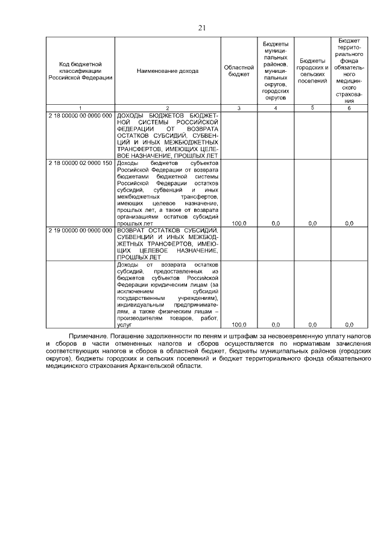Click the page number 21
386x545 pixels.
(x=202, y=26)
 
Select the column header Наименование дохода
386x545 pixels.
(x=167, y=71)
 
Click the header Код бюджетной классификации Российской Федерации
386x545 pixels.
(x=80, y=71)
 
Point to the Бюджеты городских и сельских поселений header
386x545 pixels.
(x=312, y=71)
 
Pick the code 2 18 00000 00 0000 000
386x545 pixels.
(x=81, y=114)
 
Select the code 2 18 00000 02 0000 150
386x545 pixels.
(x=81, y=163)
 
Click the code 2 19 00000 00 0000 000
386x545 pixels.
(x=81, y=231)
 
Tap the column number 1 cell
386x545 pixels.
(x=80, y=108)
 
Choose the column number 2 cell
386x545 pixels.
(x=167, y=108)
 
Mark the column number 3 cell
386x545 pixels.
(x=239, y=108)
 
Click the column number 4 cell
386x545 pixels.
(x=276, y=108)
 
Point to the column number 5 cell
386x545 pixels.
(x=312, y=107)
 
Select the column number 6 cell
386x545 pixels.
(x=349, y=108)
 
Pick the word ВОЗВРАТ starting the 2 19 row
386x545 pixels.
(x=133, y=231)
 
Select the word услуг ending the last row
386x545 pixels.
(x=123, y=325)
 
